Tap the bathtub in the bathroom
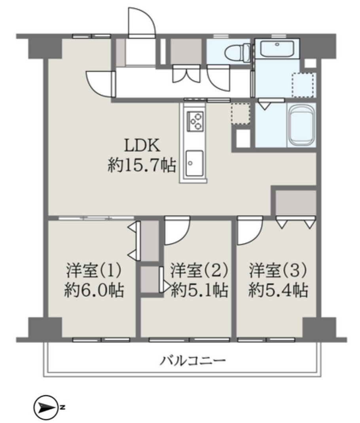point(301,124)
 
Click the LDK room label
point(142,146)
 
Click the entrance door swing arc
point(142,22)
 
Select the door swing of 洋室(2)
point(176,231)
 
